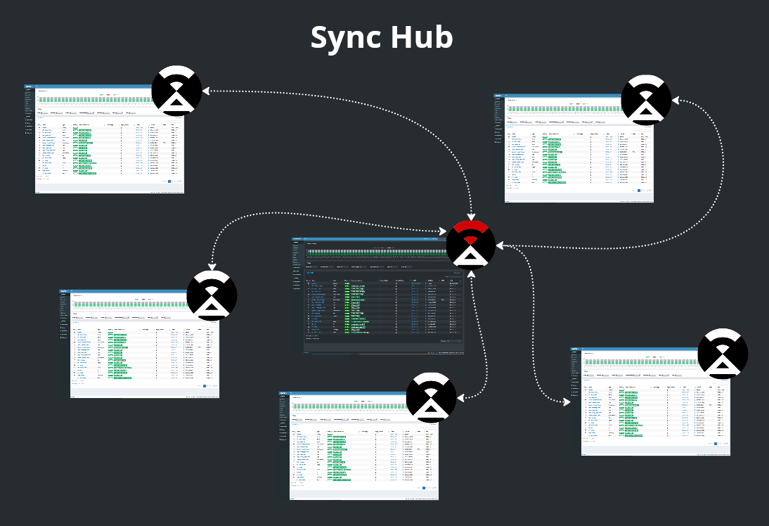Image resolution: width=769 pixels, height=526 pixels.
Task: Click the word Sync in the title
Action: point(345,37)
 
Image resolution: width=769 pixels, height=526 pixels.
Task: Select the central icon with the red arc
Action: point(471,245)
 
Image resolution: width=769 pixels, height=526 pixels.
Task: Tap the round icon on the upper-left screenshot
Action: point(177,91)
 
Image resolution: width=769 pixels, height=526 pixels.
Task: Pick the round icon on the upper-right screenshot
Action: point(646,101)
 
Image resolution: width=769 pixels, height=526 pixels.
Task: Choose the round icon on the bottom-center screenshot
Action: point(432,397)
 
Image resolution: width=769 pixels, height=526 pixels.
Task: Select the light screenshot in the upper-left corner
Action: point(105,141)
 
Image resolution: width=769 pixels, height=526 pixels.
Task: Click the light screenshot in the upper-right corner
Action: point(576,151)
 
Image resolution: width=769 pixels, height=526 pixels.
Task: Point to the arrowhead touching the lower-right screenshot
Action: point(566,402)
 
